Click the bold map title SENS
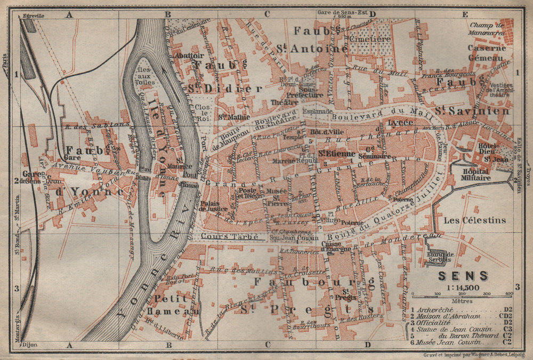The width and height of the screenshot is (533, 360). (x=455, y=276)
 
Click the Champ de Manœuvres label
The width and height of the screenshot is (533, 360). (x=487, y=28)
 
